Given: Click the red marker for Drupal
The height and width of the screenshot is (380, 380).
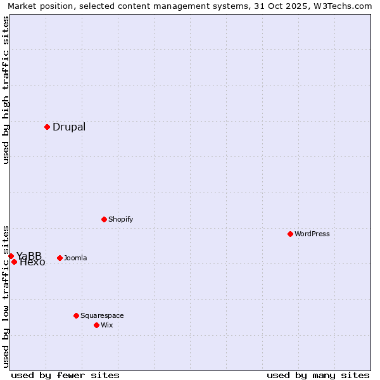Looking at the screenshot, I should [47, 127].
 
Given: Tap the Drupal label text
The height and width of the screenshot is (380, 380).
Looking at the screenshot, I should [69, 127].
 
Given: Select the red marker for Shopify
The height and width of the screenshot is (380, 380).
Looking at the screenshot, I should [104, 219].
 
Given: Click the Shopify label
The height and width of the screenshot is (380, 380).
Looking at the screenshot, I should [120, 219].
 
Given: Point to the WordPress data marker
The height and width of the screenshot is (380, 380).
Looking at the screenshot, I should [290, 234].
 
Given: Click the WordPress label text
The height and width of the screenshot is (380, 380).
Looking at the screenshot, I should [312, 234].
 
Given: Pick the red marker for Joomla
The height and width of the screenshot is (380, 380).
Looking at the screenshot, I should [60, 258].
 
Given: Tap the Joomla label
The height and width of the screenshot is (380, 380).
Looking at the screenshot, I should [75, 258].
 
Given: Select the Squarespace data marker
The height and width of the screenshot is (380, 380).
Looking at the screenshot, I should [76, 315].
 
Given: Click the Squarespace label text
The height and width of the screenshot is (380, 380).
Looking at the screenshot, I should [102, 315].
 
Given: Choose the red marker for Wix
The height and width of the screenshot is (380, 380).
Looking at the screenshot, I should [96, 325].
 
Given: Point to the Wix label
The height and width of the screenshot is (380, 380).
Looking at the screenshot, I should [106, 325].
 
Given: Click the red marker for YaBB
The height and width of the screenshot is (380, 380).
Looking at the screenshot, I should [11, 256].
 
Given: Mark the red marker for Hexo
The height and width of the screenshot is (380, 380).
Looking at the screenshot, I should [14, 262].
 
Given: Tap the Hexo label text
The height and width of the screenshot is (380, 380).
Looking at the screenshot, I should [33, 262].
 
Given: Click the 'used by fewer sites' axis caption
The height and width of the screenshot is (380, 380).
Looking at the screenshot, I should [65, 375].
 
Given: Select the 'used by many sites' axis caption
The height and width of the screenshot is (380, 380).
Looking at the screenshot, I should [318, 375].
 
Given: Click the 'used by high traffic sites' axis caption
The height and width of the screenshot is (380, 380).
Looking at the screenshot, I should [6, 90].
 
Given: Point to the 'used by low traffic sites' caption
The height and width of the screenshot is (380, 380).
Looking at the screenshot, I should [6, 296].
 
